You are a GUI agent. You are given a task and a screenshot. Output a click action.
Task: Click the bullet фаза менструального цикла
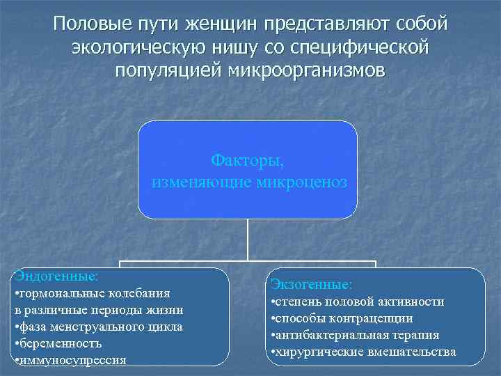click(x=98, y=327)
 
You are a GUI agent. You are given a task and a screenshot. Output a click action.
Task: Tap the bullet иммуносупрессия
click(x=70, y=360)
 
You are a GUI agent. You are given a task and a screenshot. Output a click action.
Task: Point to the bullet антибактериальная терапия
click(x=355, y=335)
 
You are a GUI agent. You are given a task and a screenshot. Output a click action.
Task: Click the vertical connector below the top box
click(x=248, y=240)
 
